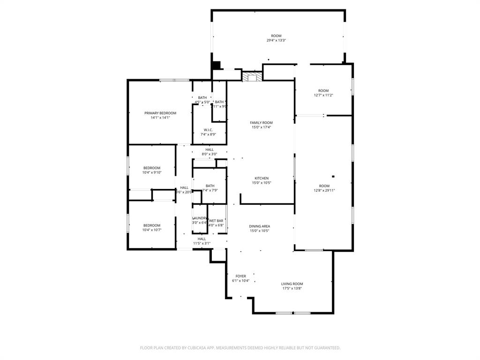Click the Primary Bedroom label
click(x=160, y=113)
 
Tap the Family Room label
click(x=261, y=122)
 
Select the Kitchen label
click(x=262, y=178)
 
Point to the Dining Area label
click(x=259, y=226)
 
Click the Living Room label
click(x=292, y=284)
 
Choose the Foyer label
click(x=240, y=276)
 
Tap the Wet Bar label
click(x=216, y=220)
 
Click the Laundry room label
click(x=200, y=218)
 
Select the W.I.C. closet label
click(x=209, y=130)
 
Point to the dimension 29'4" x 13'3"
click(x=276, y=40)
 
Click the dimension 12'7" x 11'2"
click(x=323, y=95)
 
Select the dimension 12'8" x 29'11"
click(x=324, y=190)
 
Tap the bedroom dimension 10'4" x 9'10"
click(x=152, y=172)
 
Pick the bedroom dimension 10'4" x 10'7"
click(x=152, y=230)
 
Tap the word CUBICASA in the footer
click(x=193, y=348)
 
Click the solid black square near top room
click(x=216, y=66)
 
